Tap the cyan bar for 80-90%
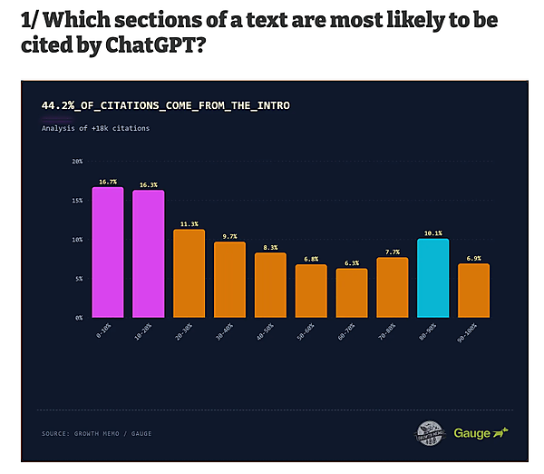point(432,278)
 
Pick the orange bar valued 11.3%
point(189,273)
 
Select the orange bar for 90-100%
point(473,291)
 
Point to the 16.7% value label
point(107,181)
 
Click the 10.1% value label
point(432,232)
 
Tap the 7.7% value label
point(392,252)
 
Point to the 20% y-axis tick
point(77,162)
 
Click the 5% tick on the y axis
point(78,279)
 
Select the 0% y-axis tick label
point(78,318)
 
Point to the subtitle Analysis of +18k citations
point(95,128)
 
